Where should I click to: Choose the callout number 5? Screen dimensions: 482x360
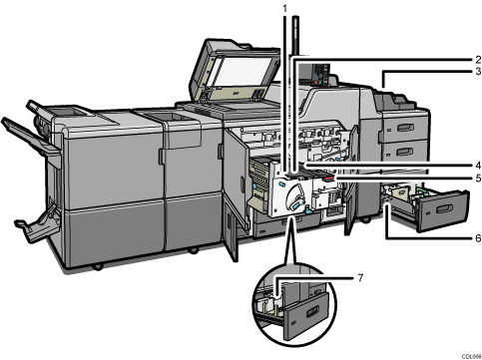[478, 179]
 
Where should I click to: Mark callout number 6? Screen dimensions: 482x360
[478, 239]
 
